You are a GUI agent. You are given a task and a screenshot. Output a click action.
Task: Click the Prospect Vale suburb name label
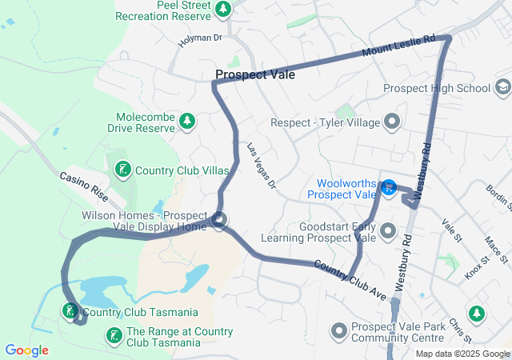coord(254,74)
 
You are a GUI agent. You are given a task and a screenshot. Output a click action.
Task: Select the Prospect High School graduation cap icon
coord(503,86)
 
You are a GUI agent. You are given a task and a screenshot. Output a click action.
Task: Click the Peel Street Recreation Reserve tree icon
coord(223,10)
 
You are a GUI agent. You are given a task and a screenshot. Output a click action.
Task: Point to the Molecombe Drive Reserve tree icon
coord(186,121)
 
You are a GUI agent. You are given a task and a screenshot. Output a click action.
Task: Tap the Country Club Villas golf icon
coord(122,170)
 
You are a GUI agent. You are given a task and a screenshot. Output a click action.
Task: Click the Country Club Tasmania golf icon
coord(70,311)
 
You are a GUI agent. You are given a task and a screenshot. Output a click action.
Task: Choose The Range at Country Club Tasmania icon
coord(114,336)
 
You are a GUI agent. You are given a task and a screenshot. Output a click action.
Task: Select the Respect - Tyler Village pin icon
coord(391,122)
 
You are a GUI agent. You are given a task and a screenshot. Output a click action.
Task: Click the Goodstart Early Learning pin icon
coord(389,232)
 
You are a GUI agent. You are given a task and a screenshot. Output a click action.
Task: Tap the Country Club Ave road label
coord(349,275)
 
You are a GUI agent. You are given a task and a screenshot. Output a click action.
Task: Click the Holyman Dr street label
coord(200,39)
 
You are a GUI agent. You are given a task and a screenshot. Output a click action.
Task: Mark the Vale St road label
coord(452,232)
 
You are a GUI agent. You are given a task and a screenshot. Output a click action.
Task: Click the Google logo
coord(26,350)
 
